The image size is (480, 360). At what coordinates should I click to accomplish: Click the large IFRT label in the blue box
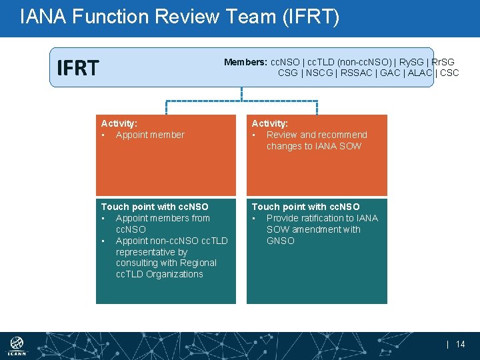tap(78, 68)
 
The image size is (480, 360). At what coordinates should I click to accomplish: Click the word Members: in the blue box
tap(245, 62)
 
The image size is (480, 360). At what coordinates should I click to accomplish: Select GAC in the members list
tap(391, 73)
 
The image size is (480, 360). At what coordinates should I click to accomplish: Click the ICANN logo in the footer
tap(17, 346)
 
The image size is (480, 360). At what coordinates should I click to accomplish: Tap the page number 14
tap(460, 345)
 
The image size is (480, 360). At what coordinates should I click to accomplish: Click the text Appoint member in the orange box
tap(150, 135)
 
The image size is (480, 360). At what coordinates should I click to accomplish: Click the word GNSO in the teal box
tap(280, 241)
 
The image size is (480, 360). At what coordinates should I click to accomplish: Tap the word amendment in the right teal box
tap(313, 229)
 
